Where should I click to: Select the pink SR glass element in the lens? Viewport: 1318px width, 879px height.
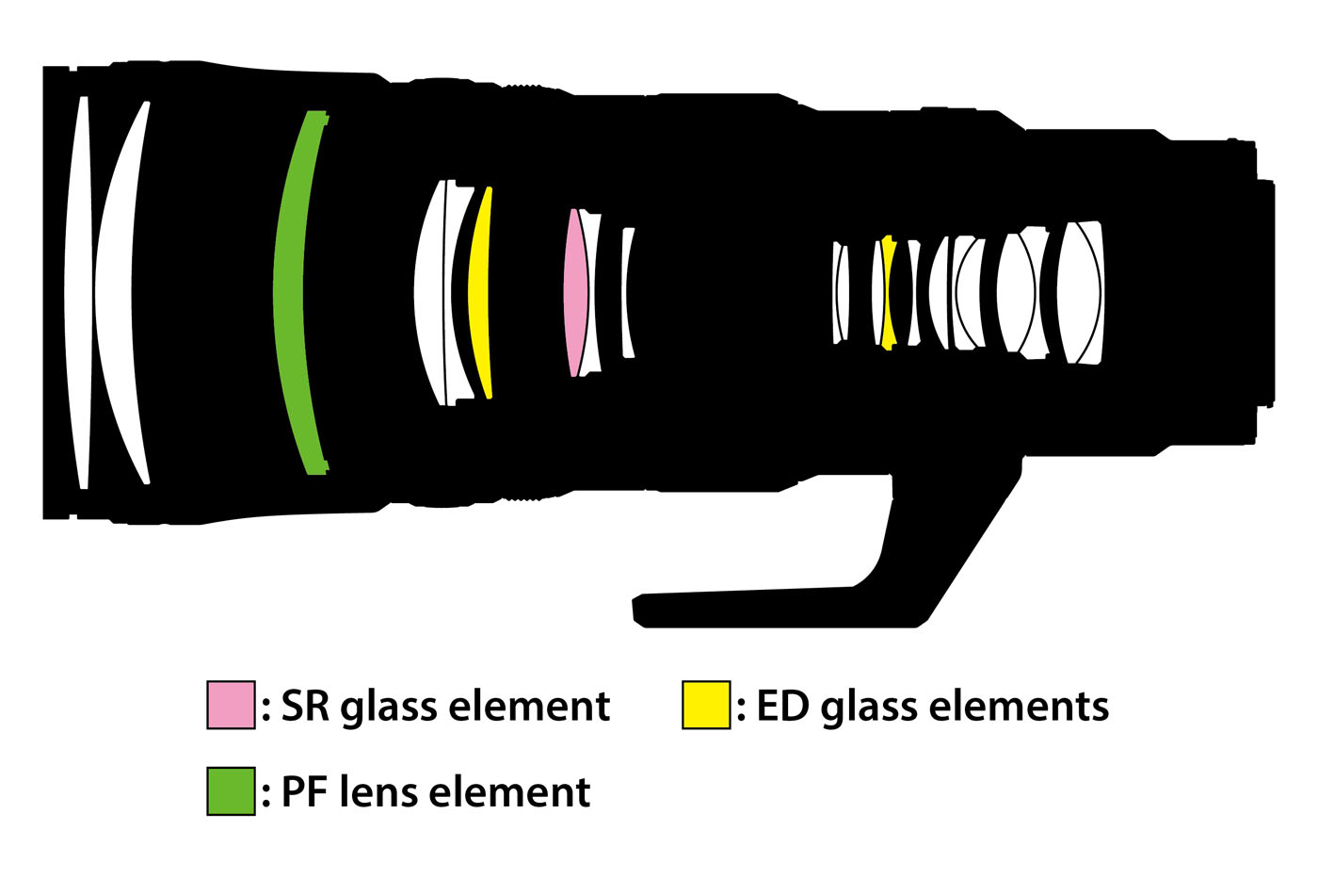575,293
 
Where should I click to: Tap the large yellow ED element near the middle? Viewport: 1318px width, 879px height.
479,293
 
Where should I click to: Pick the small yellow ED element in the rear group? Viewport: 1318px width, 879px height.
888,293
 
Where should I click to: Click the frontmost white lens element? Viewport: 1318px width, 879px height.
77,293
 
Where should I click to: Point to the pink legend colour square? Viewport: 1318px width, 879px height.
231,705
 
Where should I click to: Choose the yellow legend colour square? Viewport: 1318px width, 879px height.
706,705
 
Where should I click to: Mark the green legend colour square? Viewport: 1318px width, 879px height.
231,790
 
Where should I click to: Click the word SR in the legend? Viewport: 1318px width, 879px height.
305,705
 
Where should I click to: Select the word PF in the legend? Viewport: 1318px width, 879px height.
304,791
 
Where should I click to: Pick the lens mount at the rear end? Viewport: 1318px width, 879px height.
1266,293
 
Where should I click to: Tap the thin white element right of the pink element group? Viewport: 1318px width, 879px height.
627,293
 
